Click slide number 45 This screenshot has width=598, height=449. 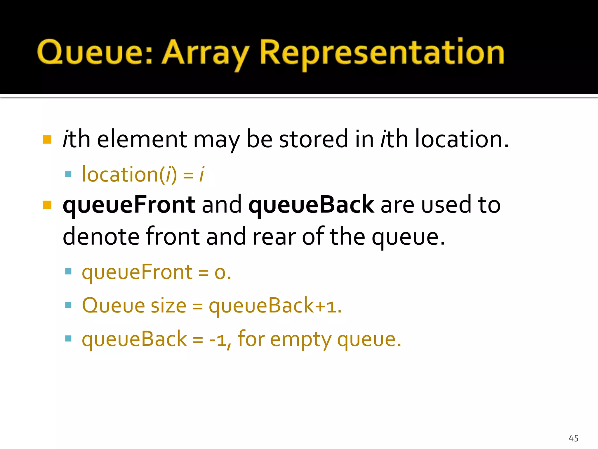(573, 438)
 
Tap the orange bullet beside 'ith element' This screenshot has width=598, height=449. (47, 140)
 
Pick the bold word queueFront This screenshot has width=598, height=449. (129, 205)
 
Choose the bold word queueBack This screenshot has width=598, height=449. (311, 205)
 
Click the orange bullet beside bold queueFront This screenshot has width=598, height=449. (47, 205)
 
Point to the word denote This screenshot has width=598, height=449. (101, 236)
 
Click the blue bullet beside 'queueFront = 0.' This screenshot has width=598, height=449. (68, 272)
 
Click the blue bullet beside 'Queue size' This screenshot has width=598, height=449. (68, 305)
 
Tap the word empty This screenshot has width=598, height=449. (300, 340)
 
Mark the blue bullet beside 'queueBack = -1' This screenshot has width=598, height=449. (68, 339)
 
